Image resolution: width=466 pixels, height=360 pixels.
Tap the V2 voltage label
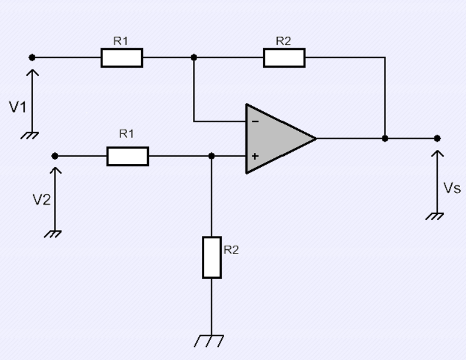(41, 199)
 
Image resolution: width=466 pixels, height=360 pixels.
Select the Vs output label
(452, 189)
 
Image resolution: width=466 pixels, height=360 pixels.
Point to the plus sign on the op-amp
(254, 157)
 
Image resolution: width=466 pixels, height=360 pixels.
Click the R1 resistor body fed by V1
(122, 58)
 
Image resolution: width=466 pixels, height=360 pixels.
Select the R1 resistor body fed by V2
(128, 156)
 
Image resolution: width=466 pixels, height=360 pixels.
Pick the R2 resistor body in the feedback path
(284, 58)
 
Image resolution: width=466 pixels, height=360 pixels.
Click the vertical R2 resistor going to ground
(212, 257)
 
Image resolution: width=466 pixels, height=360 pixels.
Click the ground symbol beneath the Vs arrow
(436, 216)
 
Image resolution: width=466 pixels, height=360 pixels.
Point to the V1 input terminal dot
(32, 58)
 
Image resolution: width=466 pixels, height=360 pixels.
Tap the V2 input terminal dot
(55, 156)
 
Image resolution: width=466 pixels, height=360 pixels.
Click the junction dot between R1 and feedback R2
(194, 58)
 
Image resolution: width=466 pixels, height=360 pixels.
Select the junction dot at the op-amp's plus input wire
(212, 156)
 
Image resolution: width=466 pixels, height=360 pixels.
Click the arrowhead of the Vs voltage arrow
(437, 154)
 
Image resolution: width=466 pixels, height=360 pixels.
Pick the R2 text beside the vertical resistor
(232, 250)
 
